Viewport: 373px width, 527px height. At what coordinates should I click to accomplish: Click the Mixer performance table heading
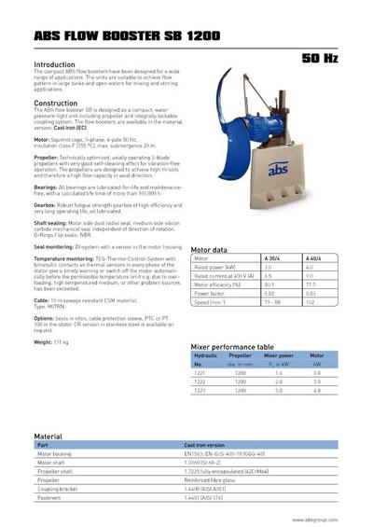(x=232, y=345)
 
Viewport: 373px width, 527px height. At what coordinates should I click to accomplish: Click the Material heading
(x=48, y=436)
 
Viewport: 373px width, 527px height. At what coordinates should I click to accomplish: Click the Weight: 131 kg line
(x=52, y=342)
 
